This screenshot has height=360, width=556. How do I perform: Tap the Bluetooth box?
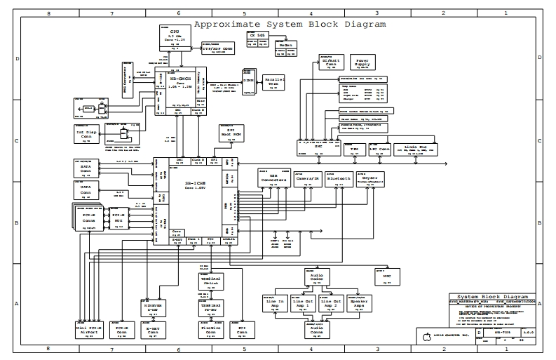point(339,180)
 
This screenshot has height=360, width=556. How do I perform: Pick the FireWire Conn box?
point(211,329)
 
